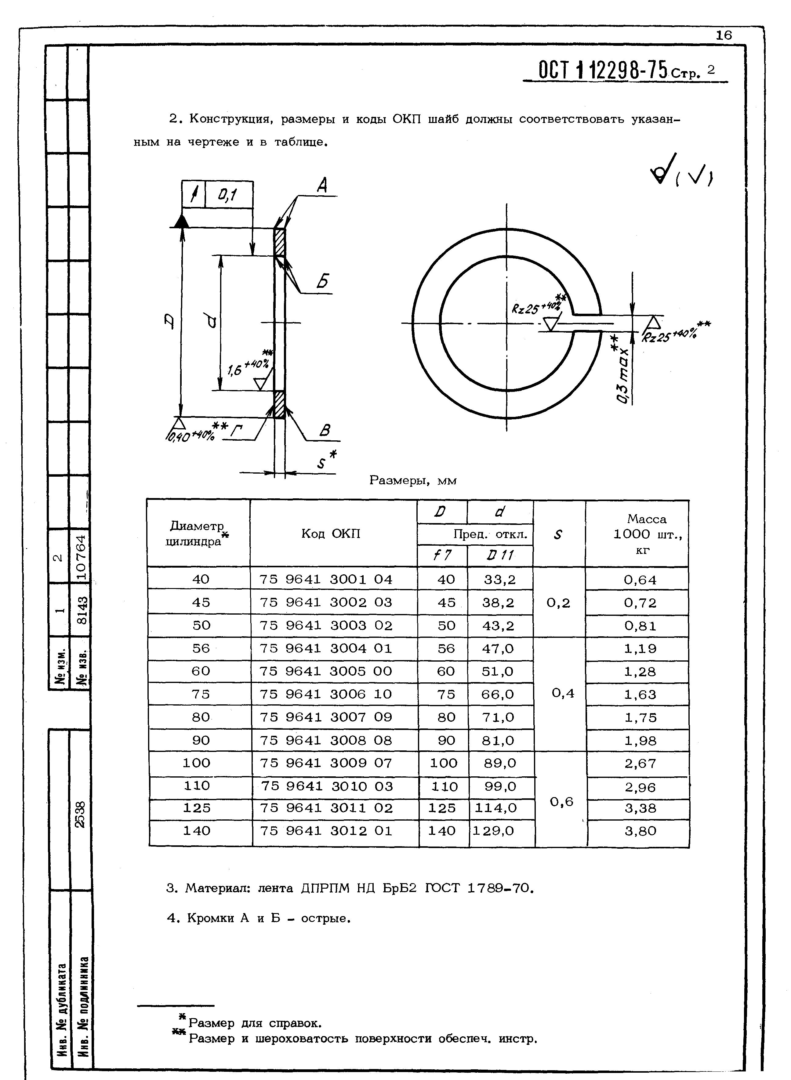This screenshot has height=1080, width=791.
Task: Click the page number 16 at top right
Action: click(724, 35)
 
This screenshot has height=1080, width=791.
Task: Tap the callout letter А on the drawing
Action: click(322, 185)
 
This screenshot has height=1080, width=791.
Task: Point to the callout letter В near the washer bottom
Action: click(325, 431)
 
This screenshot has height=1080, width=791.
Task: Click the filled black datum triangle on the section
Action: click(181, 221)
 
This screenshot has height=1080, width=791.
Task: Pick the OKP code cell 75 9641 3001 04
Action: click(326, 580)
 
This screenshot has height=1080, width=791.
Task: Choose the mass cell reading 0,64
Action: click(640, 580)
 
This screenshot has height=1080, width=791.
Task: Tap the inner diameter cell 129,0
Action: click(493, 831)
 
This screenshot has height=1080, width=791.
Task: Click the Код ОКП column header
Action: click(330, 533)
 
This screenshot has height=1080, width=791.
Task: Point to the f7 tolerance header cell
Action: click(442, 555)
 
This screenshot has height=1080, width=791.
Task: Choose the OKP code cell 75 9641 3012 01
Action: click(326, 831)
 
